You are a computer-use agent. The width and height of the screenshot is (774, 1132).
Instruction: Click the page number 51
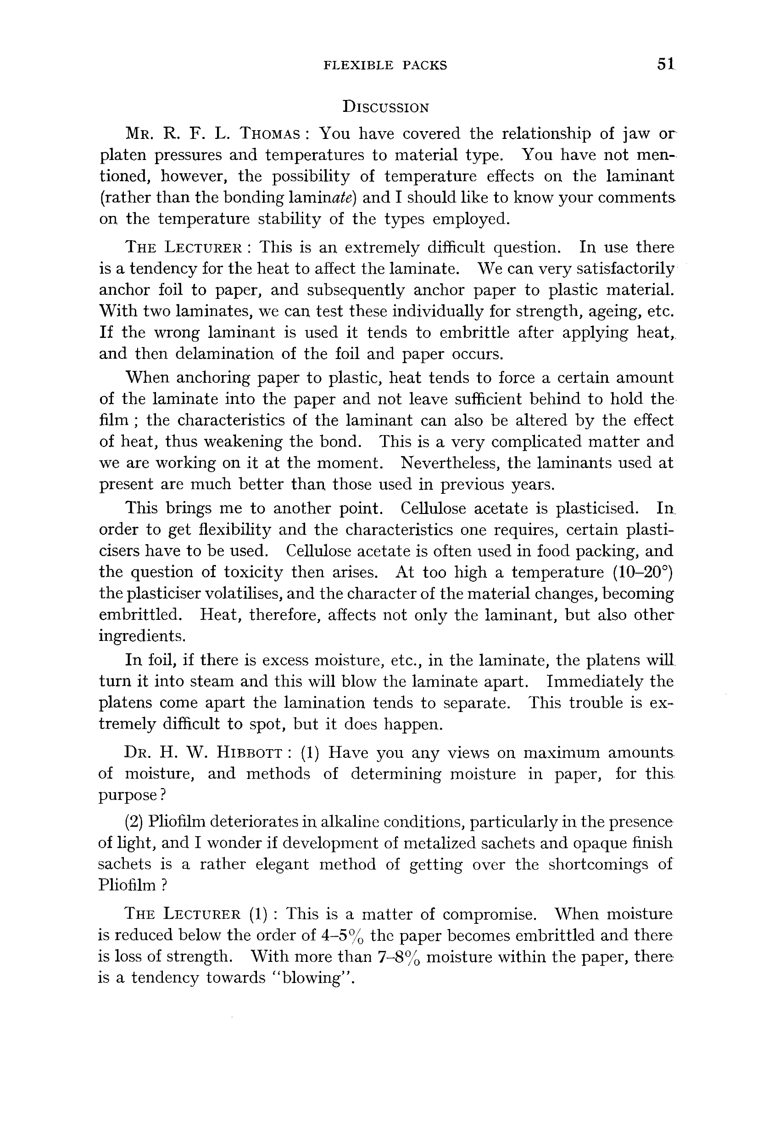tap(665, 64)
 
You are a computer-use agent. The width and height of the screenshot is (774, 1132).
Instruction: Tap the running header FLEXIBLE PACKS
tap(385, 65)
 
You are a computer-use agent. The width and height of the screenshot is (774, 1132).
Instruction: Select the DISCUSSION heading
tap(385, 107)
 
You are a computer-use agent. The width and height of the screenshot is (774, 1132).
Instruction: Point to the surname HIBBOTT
tap(249, 753)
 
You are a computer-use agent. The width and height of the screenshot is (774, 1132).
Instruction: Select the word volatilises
tap(244, 594)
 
